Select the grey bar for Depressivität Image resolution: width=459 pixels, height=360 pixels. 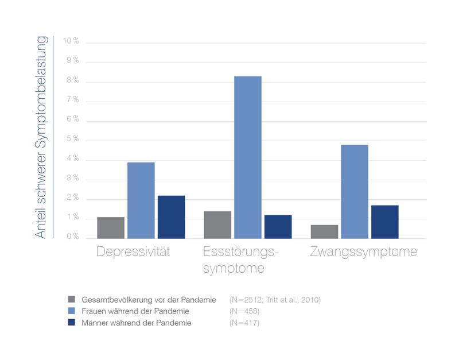point(111,227)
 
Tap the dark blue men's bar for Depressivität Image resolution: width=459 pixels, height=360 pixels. point(171,217)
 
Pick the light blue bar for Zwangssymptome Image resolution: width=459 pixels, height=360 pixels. point(355,191)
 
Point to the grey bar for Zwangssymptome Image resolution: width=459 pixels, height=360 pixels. point(324,231)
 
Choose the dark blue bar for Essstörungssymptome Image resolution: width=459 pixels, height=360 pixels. point(278,227)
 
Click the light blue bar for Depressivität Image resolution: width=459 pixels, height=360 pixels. point(141,200)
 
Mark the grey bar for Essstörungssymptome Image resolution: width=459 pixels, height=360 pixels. point(217,224)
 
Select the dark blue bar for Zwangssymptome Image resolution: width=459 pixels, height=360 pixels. point(384,222)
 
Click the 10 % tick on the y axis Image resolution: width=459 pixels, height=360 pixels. point(71,41)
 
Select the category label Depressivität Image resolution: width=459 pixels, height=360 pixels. point(134,252)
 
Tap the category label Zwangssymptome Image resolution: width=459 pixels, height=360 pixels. point(363,252)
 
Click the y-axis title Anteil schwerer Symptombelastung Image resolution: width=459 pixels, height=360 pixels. point(41,137)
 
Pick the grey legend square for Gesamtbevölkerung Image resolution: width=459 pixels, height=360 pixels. point(71,299)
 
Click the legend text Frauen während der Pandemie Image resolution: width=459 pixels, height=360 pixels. point(136,311)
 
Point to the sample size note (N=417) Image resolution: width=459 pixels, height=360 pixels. point(244,323)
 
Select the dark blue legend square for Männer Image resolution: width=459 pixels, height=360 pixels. point(71,323)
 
